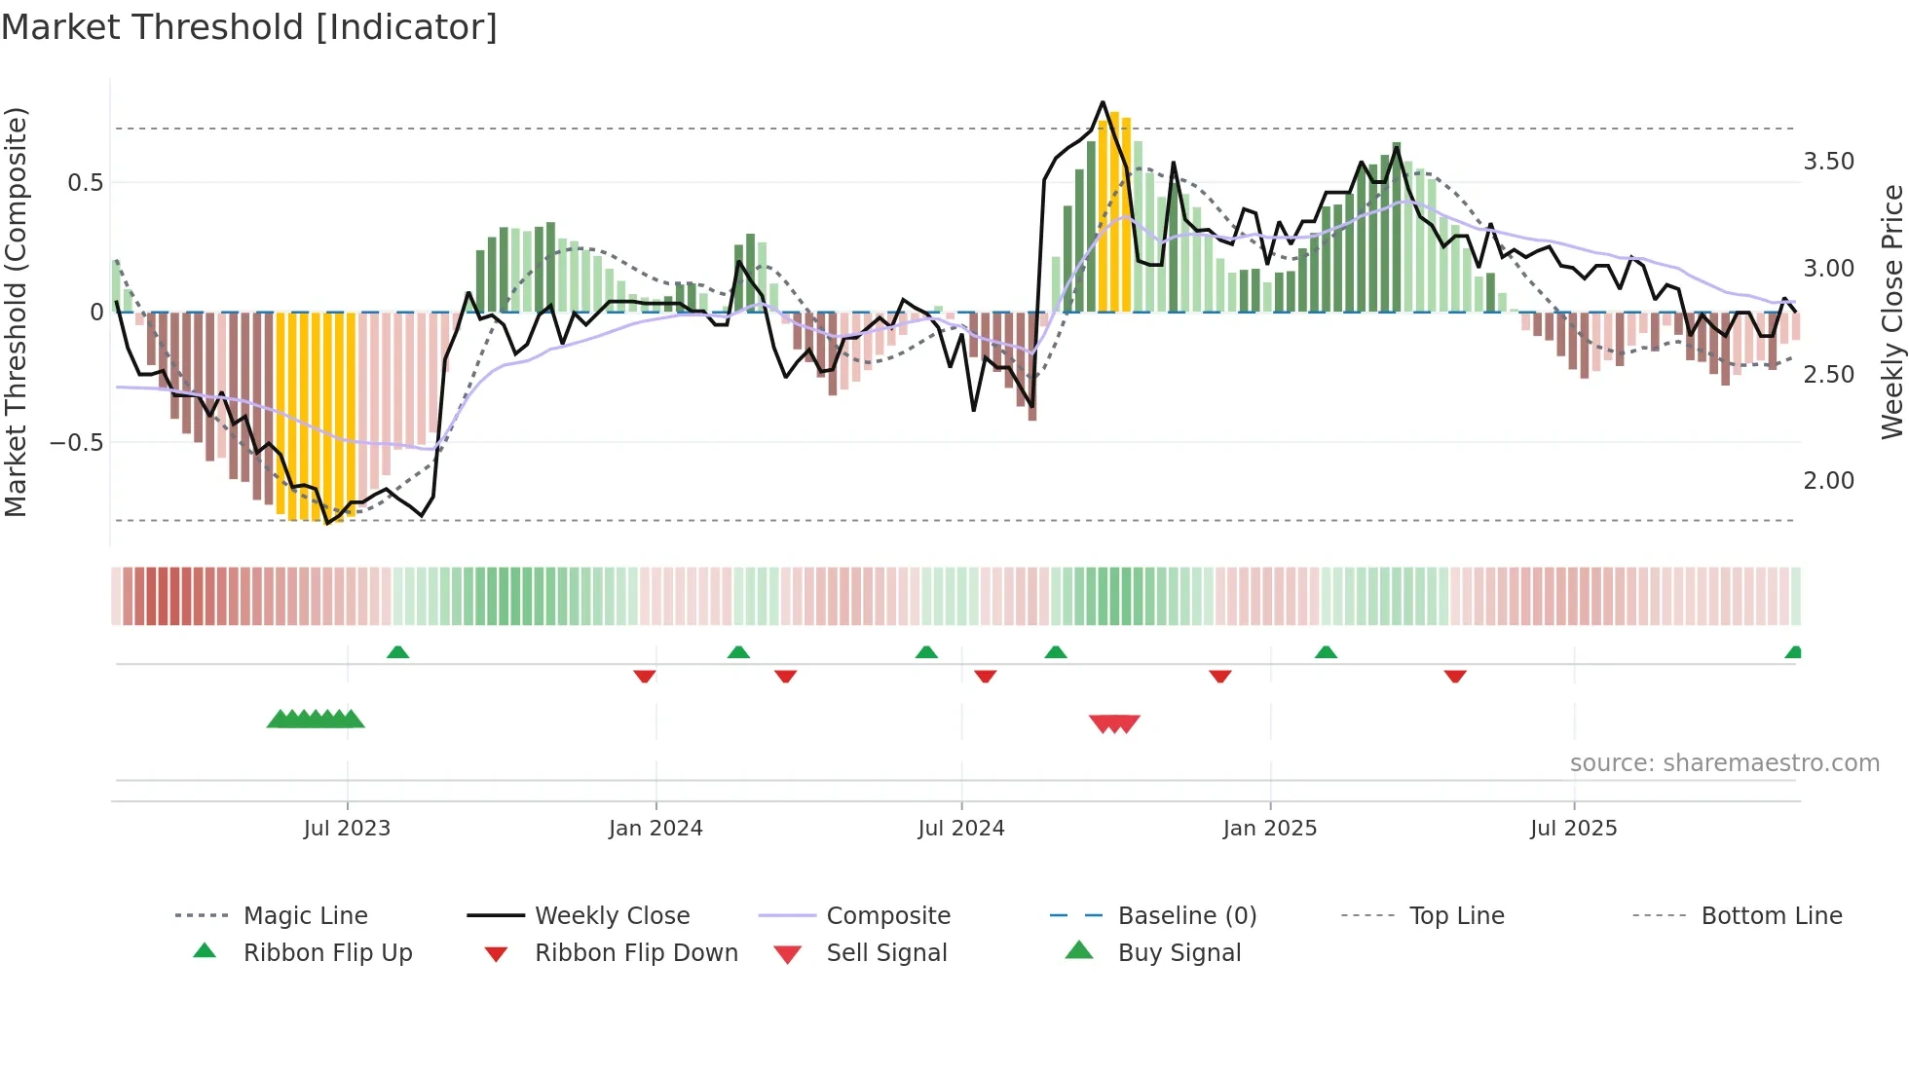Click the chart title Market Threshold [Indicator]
coord(249,27)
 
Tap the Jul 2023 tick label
coord(347,829)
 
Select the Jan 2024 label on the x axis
coord(655,829)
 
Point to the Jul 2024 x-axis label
coord(961,829)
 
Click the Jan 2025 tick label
coord(1270,829)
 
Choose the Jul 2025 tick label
coord(1574,829)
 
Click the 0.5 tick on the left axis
coord(86,183)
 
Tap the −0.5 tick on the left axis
coord(77,443)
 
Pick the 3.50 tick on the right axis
coord(1829,162)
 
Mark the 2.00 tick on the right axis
coord(1829,481)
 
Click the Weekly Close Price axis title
coord(1891,312)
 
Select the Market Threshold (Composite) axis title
coord(16,312)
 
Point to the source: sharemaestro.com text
coord(1724,763)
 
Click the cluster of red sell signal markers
coord(1114,723)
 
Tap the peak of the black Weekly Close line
coord(1103,102)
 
